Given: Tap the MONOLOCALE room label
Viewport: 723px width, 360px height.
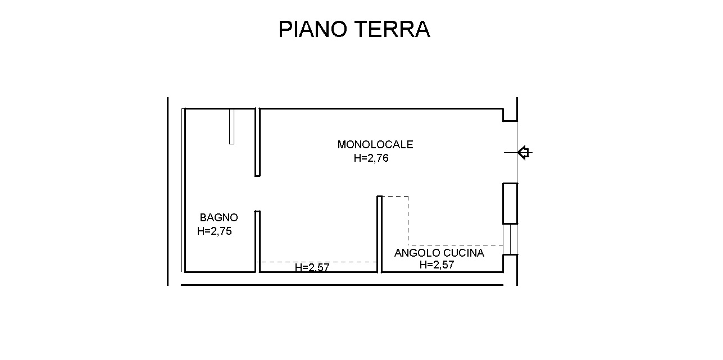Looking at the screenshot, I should pos(375,144).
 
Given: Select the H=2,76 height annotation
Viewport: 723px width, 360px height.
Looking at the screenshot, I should pos(371,158).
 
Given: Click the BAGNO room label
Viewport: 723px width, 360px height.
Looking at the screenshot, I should pos(219,217).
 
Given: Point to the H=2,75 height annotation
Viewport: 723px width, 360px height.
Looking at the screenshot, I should pos(215,231).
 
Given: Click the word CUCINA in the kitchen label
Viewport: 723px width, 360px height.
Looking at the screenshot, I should pos(463,253).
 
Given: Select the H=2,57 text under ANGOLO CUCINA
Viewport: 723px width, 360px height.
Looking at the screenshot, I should pos(436,265).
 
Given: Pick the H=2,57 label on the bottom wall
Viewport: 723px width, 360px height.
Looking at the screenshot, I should pos(312,268).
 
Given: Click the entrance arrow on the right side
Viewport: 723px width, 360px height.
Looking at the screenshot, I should pos(524,152).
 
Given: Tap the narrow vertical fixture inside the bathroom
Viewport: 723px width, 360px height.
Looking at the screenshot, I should pos(231,126).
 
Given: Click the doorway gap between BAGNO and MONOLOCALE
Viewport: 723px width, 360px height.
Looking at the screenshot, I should pos(257,193).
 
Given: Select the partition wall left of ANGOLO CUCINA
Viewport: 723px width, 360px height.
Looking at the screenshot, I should pos(379,233).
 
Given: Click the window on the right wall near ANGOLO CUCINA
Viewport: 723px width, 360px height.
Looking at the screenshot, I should pos(510,240).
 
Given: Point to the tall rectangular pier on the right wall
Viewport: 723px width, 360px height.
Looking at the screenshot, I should pos(510,203).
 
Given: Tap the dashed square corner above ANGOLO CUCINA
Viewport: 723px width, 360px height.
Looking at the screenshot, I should pos(408,197).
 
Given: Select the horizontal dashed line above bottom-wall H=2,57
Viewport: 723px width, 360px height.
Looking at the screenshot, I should pos(317,262).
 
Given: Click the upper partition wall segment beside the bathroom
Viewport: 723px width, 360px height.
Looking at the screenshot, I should pos(257,142).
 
